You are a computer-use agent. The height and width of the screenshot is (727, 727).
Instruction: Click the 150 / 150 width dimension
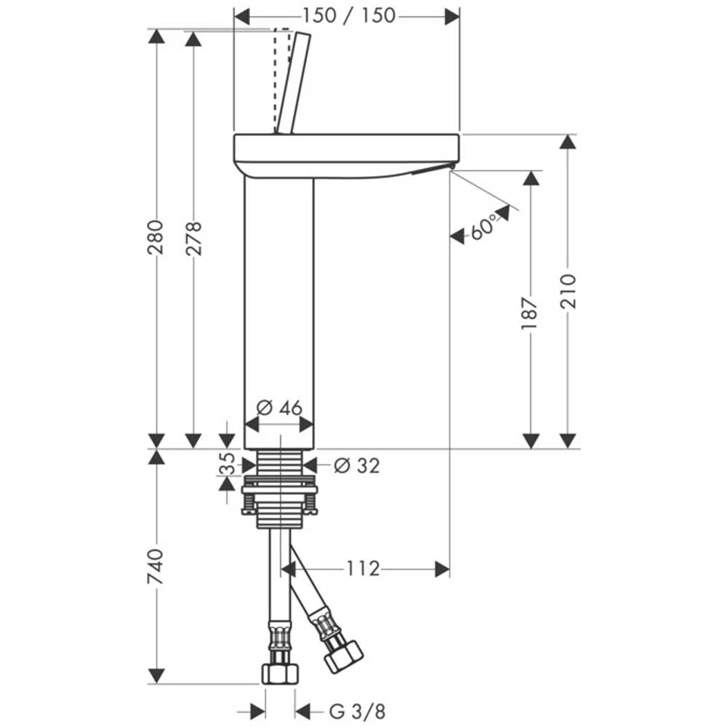pyautogui.click(x=349, y=16)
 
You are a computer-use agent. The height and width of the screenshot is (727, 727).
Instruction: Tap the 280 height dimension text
pyautogui.click(x=156, y=238)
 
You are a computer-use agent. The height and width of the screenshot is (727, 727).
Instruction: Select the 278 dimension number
pyautogui.click(x=193, y=238)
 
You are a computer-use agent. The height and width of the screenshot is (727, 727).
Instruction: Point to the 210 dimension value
pyautogui.click(x=568, y=292)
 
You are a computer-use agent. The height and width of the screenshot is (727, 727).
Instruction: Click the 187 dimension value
pyautogui.click(x=529, y=313)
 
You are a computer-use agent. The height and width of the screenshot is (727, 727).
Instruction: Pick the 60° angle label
pyautogui.click(x=483, y=227)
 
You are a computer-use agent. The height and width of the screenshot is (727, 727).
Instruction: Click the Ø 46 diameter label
pyautogui.click(x=280, y=408)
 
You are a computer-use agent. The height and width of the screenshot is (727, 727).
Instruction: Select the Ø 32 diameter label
pyautogui.click(x=357, y=465)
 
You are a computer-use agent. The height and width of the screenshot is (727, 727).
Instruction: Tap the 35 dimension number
pyautogui.click(x=227, y=464)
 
